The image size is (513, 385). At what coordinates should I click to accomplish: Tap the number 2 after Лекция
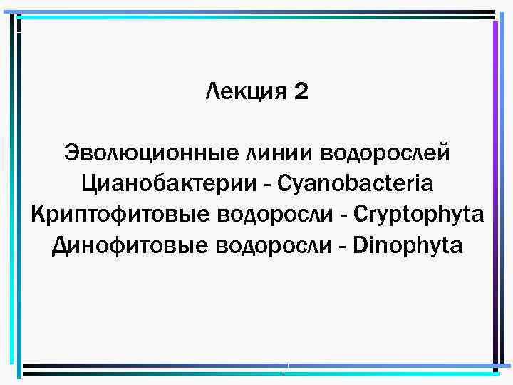(x=301, y=91)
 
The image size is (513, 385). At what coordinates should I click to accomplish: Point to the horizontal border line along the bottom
(x=256, y=368)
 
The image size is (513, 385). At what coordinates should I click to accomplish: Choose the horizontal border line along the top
(x=256, y=14)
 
